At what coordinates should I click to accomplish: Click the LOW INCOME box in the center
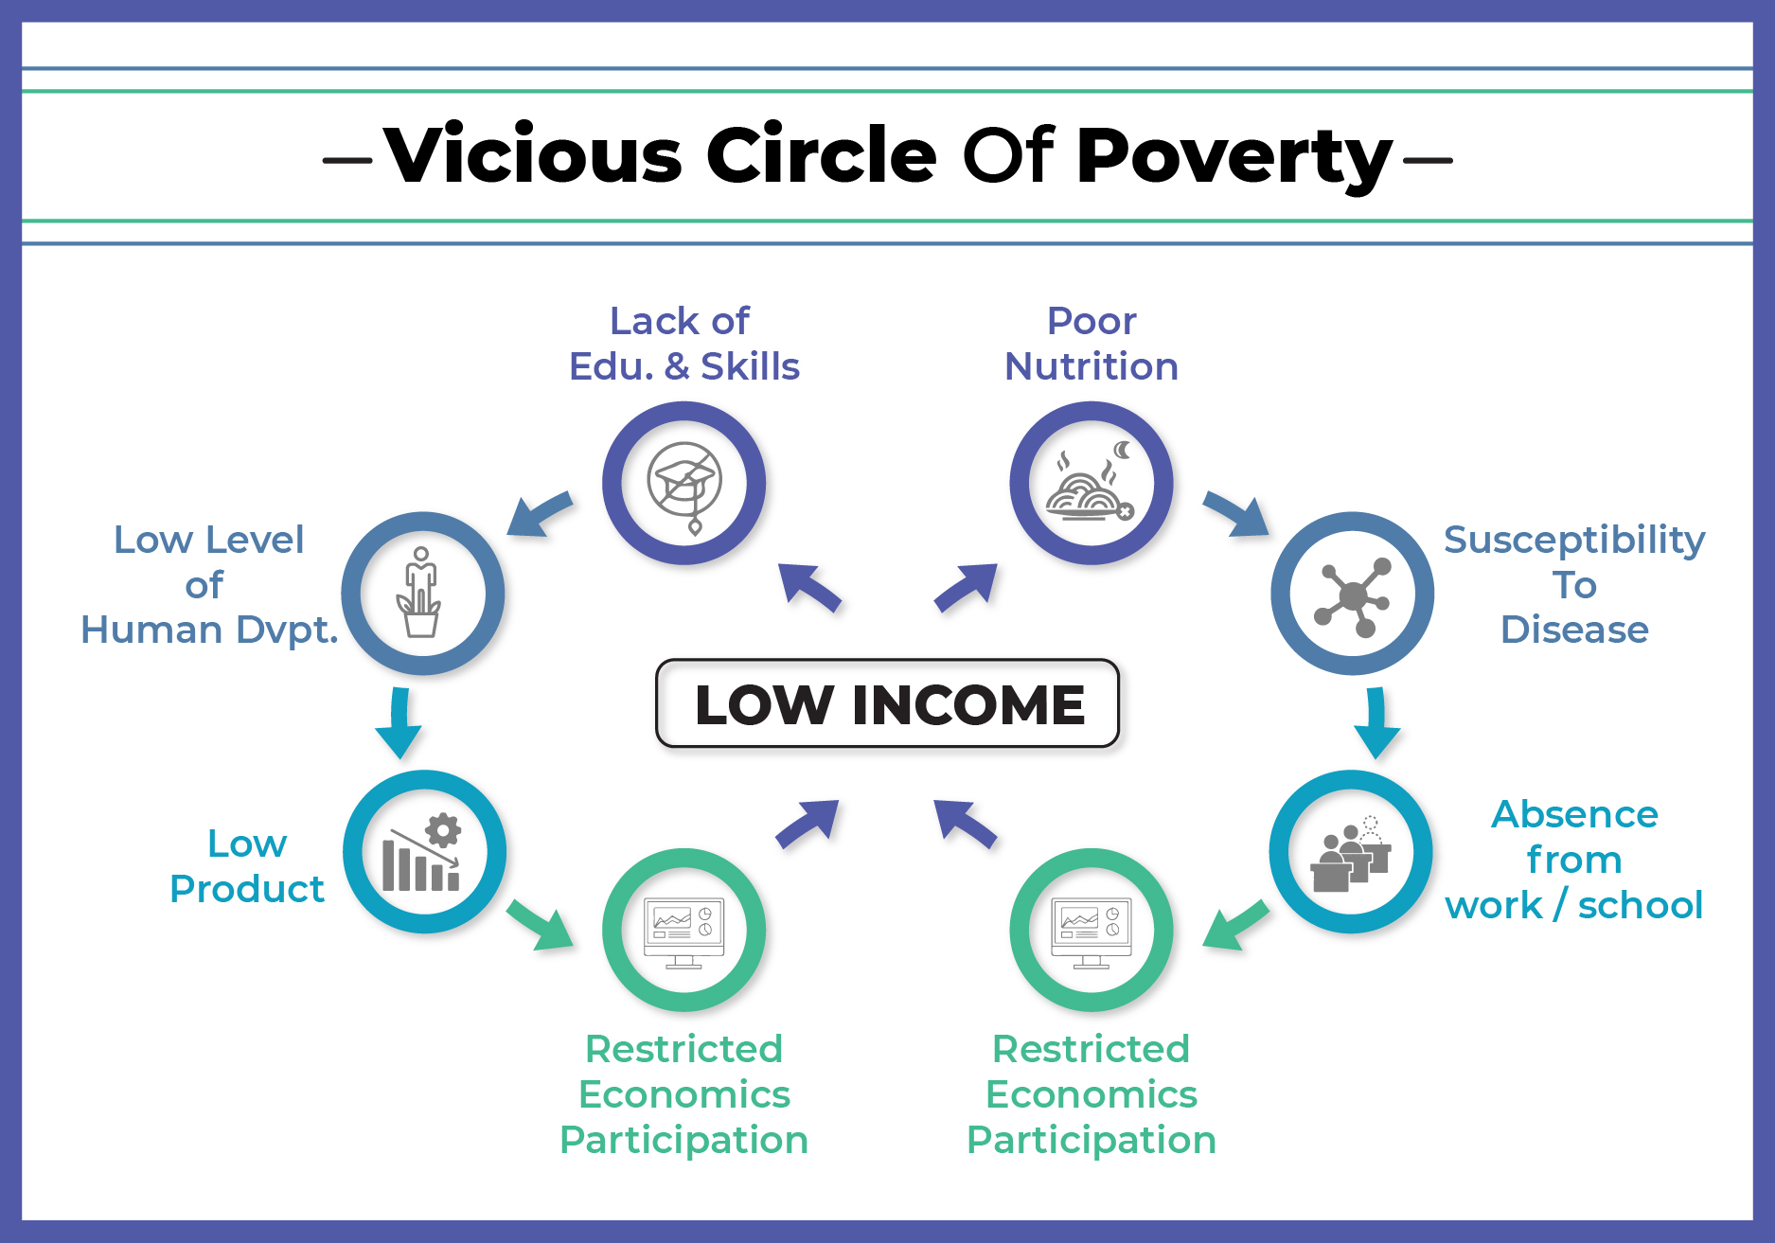(887, 703)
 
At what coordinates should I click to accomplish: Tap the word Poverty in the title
(1234, 156)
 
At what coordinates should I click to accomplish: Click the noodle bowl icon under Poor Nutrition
(1090, 483)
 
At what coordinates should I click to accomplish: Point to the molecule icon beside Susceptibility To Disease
(1353, 595)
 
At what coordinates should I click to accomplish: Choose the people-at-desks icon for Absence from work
(1351, 854)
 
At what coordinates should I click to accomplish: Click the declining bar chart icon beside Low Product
(422, 853)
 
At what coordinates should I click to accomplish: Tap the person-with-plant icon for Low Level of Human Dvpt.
(420, 593)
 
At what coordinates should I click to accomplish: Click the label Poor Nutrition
(1092, 344)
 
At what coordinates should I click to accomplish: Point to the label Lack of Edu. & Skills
(683, 344)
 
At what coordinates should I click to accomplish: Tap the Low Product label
(247, 866)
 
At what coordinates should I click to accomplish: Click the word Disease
(1574, 630)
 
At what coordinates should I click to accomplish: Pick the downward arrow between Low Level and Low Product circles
(399, 722)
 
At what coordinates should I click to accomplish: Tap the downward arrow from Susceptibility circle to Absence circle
(1376, 722)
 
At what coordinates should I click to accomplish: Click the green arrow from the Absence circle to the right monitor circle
(1235, 925)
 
